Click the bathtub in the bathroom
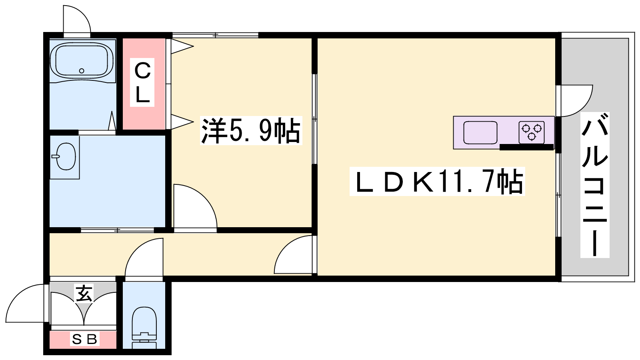82,61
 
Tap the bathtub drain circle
82,70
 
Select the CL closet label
142,82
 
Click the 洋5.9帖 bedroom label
251,130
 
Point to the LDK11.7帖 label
437,182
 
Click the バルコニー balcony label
595,185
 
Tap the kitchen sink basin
480,132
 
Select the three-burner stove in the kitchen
532,132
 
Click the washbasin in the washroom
66,156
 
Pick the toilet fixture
144,328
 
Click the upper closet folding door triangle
182,46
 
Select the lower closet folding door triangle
182,122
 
